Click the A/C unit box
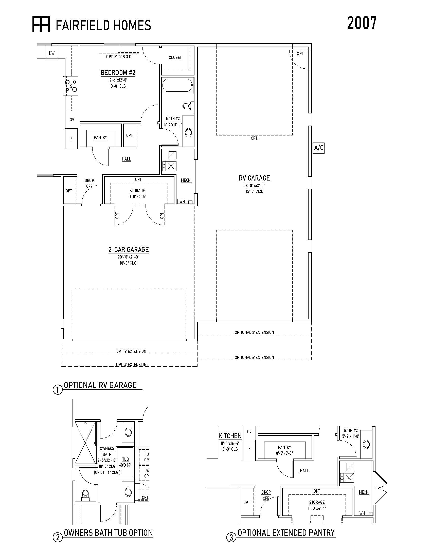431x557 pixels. (x=319, y=148)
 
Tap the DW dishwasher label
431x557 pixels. (x=52, y=53)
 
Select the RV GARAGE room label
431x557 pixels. (x=254, y=178)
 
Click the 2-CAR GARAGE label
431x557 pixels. (x=129, y=249)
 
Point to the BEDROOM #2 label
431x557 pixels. (x=118, y=73)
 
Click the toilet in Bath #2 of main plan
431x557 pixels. (x=188, y=105)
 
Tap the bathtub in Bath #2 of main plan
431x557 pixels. (x=177, y=85)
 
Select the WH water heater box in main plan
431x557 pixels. (x=182, y=202)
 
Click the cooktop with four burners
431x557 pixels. (x=70, y=86)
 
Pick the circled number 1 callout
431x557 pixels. (x=58, y=390)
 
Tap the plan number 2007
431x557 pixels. (x=362, y=23)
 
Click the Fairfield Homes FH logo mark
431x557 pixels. (x=41, y=24)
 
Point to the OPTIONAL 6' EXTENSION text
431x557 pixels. (x=254, y=357)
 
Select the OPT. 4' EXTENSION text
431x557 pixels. (x=131, y=364)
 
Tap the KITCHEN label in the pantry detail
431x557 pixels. (x=230, y=436)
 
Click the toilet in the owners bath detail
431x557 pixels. (x=85, y=494)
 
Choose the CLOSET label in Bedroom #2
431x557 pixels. (x=175, y=58)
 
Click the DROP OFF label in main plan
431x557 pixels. (x=89, y=183)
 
